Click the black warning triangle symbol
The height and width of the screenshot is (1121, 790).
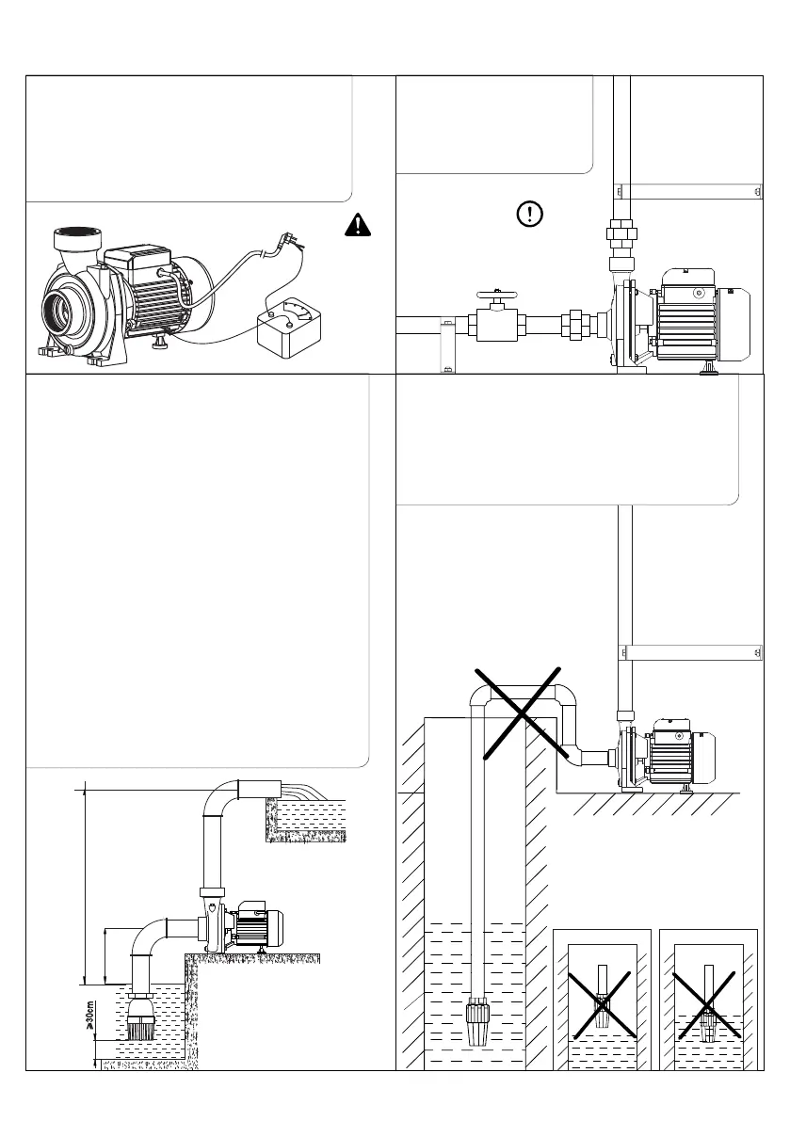click(x=357, y=224)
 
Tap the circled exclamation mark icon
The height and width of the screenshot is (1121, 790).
click(x=530, y=214)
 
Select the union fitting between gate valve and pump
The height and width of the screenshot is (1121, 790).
click(x=571, y=326)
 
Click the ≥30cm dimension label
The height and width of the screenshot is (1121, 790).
click(x=89, y=1017)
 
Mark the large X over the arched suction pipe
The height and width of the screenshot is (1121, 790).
click(x=521, y=713)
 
